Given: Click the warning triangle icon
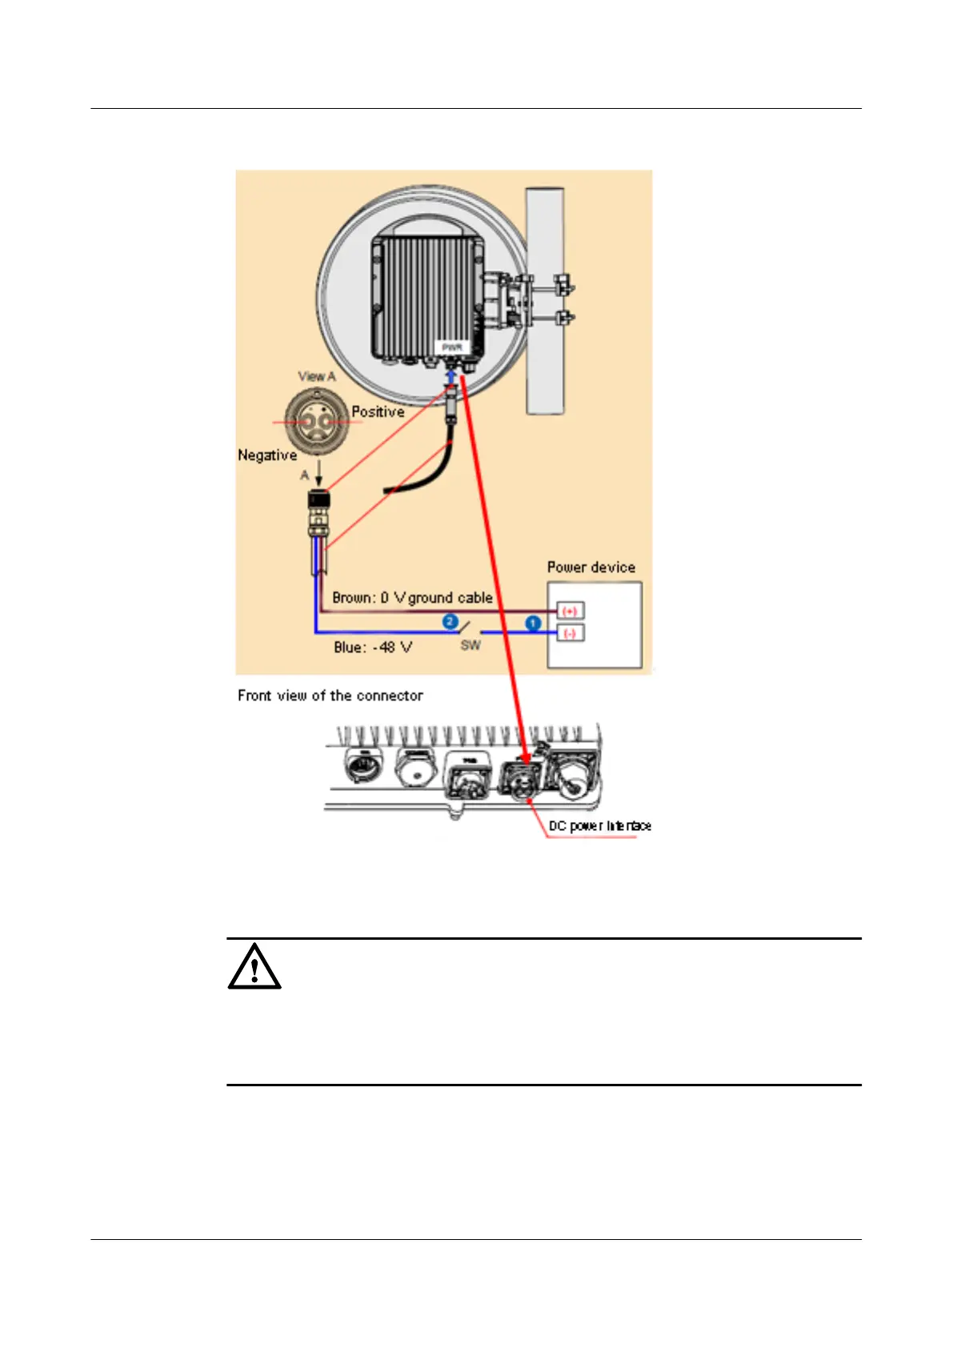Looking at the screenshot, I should point(254,967).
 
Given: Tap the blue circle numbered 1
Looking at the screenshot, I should point(533,623).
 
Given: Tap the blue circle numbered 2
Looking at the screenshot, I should point(450,622).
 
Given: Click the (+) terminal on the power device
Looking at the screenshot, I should point(570,611).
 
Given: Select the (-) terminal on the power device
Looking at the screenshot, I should point(570,633).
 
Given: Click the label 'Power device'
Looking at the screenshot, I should point(591,568).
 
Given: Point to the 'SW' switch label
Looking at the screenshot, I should point(470,645).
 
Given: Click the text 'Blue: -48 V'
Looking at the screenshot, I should point(373,647).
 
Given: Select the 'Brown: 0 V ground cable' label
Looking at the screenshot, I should point(412,598).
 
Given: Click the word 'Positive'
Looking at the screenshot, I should point(378,412).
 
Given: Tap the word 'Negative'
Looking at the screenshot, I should point(267,455).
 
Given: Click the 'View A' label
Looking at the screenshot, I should point(317,376).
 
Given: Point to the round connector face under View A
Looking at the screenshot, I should point(318,419).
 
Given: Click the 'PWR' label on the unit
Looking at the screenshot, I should point(452,347).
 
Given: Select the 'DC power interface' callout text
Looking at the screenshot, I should point(599,826).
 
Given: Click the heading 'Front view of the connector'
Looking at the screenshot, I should point(330,696).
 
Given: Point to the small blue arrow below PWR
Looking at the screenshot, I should point(451,375).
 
